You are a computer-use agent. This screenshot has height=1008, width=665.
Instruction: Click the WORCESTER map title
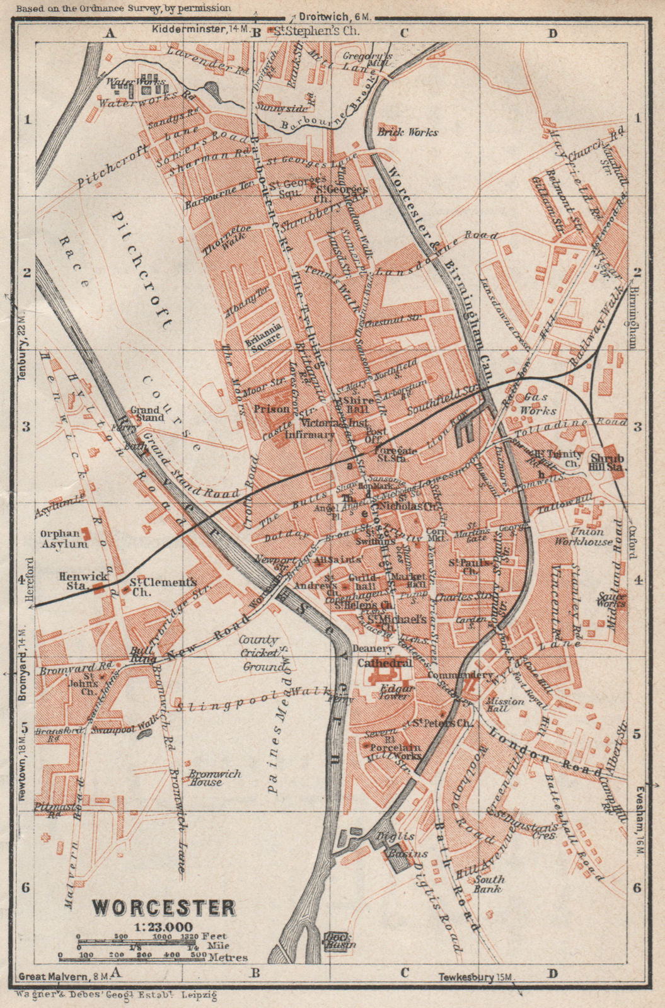(164, 907)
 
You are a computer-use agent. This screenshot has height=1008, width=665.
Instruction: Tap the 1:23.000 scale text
(163, 927)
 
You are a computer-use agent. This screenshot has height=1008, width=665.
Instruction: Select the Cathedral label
(385, 663)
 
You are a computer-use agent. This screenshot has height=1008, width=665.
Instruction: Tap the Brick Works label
(416, 132)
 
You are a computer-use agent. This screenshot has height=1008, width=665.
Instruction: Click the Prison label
(272, 409)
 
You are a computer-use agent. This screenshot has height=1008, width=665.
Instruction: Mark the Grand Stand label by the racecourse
(147, 413)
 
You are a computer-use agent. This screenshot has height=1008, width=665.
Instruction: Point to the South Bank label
(490, 884)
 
